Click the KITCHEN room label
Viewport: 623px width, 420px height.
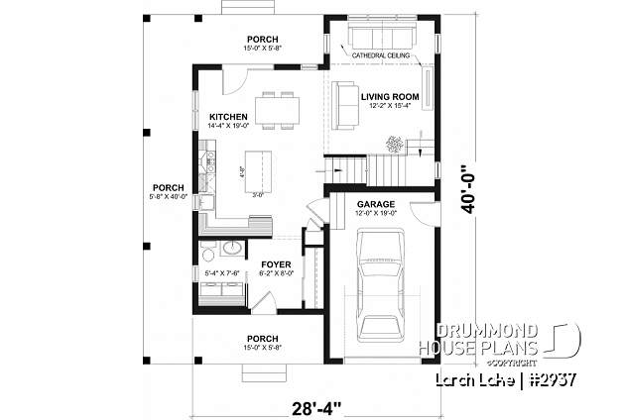[228, 116]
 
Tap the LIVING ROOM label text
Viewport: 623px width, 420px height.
[390, 96]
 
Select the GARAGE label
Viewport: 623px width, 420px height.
[375, 203]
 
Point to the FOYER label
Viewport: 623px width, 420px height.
[275, 263]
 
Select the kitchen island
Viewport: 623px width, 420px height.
[256, 169]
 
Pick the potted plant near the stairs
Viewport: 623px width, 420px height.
[395, 144]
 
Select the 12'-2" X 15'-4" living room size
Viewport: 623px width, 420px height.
[390, 105]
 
